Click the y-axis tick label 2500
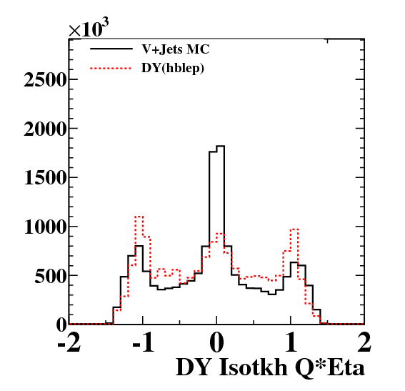45,80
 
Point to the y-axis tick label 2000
45,129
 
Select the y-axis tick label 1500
45,178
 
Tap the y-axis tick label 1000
45,227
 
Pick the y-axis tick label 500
51,276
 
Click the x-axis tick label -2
69,342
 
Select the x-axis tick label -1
144,342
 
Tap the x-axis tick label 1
291,342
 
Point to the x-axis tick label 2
364,342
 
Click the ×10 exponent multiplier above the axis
89,28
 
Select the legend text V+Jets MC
176,49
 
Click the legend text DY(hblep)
173,68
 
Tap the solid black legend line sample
111,49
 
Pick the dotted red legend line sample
111,68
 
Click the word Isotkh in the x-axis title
254,367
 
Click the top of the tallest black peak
220,146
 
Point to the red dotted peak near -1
139,217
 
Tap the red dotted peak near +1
294,229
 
